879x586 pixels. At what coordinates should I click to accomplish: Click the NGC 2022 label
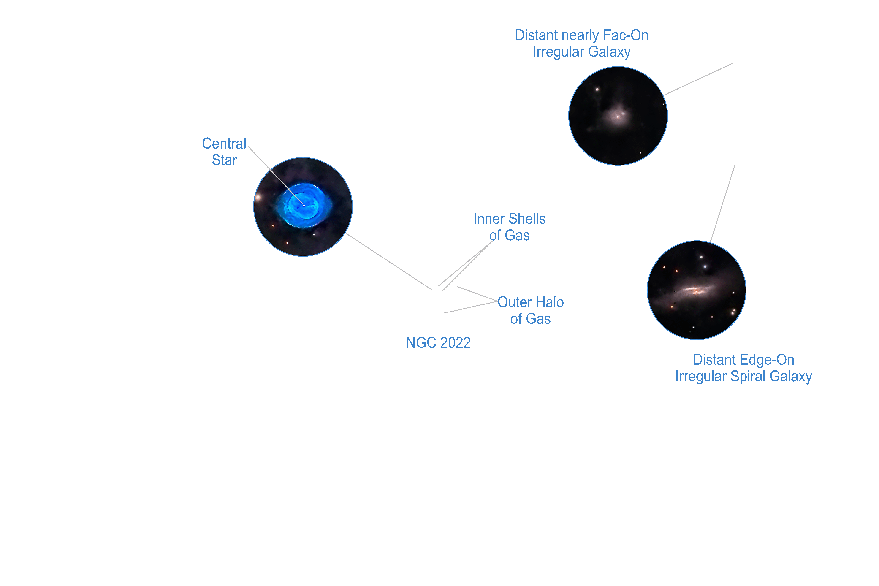[438, 343]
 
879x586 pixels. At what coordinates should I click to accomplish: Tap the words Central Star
[224, 152]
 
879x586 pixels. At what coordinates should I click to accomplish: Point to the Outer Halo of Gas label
[530, 310]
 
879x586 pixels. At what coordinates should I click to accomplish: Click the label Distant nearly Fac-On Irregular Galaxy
[581, 43]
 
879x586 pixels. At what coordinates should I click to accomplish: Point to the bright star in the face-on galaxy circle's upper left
[597, 89]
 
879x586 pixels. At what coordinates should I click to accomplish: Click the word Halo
[549, 302]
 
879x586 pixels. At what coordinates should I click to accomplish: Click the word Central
[224, 144]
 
